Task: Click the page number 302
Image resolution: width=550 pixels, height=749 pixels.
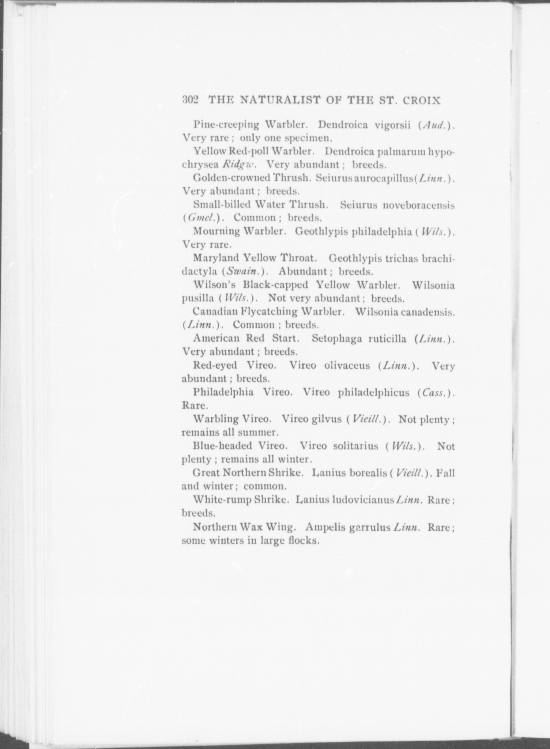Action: point(190,100)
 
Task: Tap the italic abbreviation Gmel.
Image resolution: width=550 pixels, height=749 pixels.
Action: point(200,218)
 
